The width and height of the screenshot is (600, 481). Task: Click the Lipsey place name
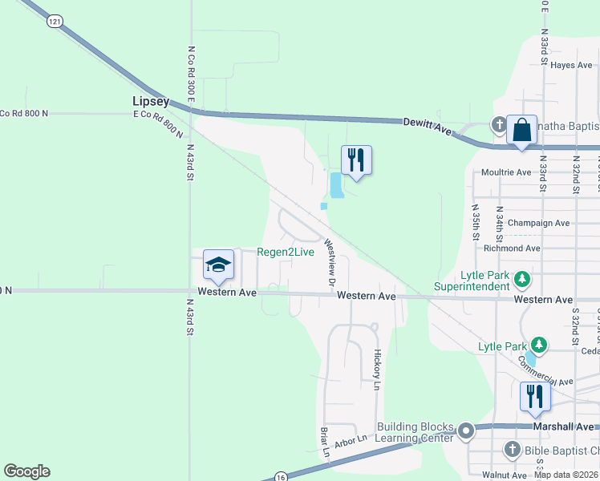[151, 102]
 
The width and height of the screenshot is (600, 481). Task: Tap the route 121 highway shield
[54, 22]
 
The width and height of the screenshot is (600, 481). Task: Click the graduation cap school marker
[218, 264]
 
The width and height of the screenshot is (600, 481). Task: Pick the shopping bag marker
[521, 130]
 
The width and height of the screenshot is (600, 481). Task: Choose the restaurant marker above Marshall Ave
[535, 396]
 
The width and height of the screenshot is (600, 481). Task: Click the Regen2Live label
[286, 252]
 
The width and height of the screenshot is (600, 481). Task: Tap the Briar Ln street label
[326, 442]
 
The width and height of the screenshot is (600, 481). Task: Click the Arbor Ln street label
[351, 439]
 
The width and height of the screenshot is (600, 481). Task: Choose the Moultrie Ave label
[506, 172]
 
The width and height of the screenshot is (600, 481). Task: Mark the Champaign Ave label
[538, 223]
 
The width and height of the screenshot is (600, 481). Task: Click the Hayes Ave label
[573, 65]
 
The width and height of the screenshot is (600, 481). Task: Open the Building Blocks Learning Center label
[416, 432]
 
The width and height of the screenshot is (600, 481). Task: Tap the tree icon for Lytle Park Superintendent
[523, 277]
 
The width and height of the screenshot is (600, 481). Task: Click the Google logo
[26, 471]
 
